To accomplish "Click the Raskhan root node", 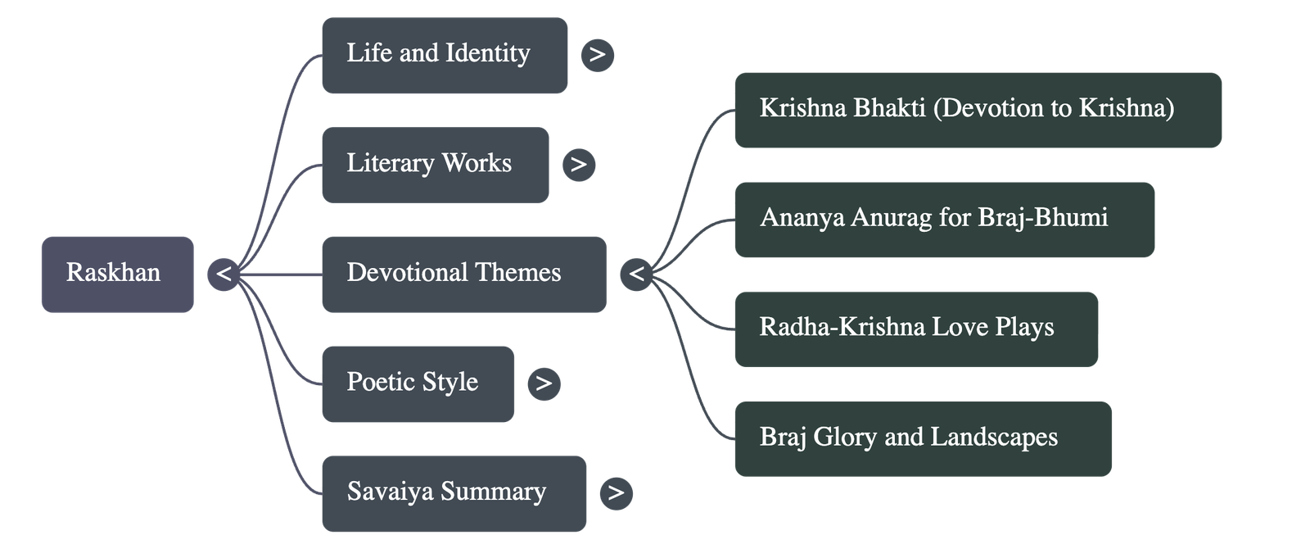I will (x=117, y=274).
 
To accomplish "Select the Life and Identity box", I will (x=444, y=55).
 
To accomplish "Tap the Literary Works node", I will (x=435, y=165).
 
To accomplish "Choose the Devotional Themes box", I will (x=463, y=274).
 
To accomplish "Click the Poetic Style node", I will (x=418, y=383).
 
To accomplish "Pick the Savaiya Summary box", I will (x=454, y=492).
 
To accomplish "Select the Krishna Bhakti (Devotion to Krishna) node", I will (x=978, y=110).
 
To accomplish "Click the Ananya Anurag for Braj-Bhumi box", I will (x=945, y=220).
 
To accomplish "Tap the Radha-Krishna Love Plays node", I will (x=916, y=329).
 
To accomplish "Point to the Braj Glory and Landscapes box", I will (x=923, y=438).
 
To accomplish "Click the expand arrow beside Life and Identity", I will (x=598, y=55).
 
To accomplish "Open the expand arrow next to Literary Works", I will (x=579, y=165).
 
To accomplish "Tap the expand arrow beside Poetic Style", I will (x=544, y=383).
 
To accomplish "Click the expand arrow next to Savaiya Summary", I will (x=616, y=492).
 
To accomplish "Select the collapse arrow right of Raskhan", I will (x=224, y=274).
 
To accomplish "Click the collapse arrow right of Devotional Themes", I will (x=636, y=274).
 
